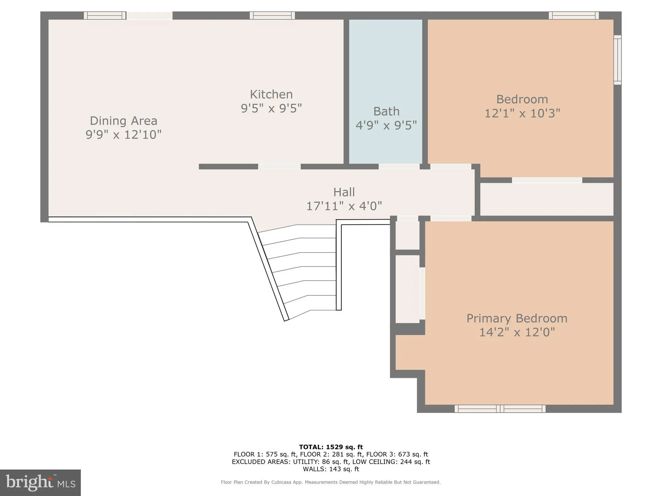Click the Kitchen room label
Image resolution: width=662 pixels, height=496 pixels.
pyautogui.click(x=271, y=94)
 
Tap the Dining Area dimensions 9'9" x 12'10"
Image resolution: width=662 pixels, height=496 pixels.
pyautogui.click(x=123, y=134)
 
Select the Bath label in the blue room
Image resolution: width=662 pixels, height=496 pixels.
pyautogui.click(x=386, y=111)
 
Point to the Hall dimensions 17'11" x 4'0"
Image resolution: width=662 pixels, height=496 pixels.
pyautogui.click(x=344, y=206)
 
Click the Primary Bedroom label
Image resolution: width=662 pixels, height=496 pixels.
pyautogui.click(x=517, y=318)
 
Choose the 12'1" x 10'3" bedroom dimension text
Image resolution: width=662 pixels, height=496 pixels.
pyautogui.click(x=522, y=113)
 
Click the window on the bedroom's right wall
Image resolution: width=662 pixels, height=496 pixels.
pyautogui.click(x=617, y=60)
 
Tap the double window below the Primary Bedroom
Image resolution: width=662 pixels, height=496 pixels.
pyautogui.click(x=500, y=409)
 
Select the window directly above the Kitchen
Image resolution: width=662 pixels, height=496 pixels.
pyautogui.click(x=272, y=15)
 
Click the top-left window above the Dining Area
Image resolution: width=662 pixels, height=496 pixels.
pyautogui.click(x=105, y=15)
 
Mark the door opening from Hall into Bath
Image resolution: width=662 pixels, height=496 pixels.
pyautogui.click(x=399, y=167)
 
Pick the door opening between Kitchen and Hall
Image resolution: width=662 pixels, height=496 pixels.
pyautogui.click(x=279, y=167)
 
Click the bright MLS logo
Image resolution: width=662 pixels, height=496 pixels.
pyautogui.click(x=40, y=482)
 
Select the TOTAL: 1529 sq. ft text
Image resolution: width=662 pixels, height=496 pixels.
pyautogui.click(x=331, y=447)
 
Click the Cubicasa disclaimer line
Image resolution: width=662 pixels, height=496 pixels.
pyautogui.click(x=331, y=482)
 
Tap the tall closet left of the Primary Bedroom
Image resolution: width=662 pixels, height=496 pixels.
pyautogui.click(x=407, y=289)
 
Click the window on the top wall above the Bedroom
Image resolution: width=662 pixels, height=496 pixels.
pyautogui.click(x=574, y=15)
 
